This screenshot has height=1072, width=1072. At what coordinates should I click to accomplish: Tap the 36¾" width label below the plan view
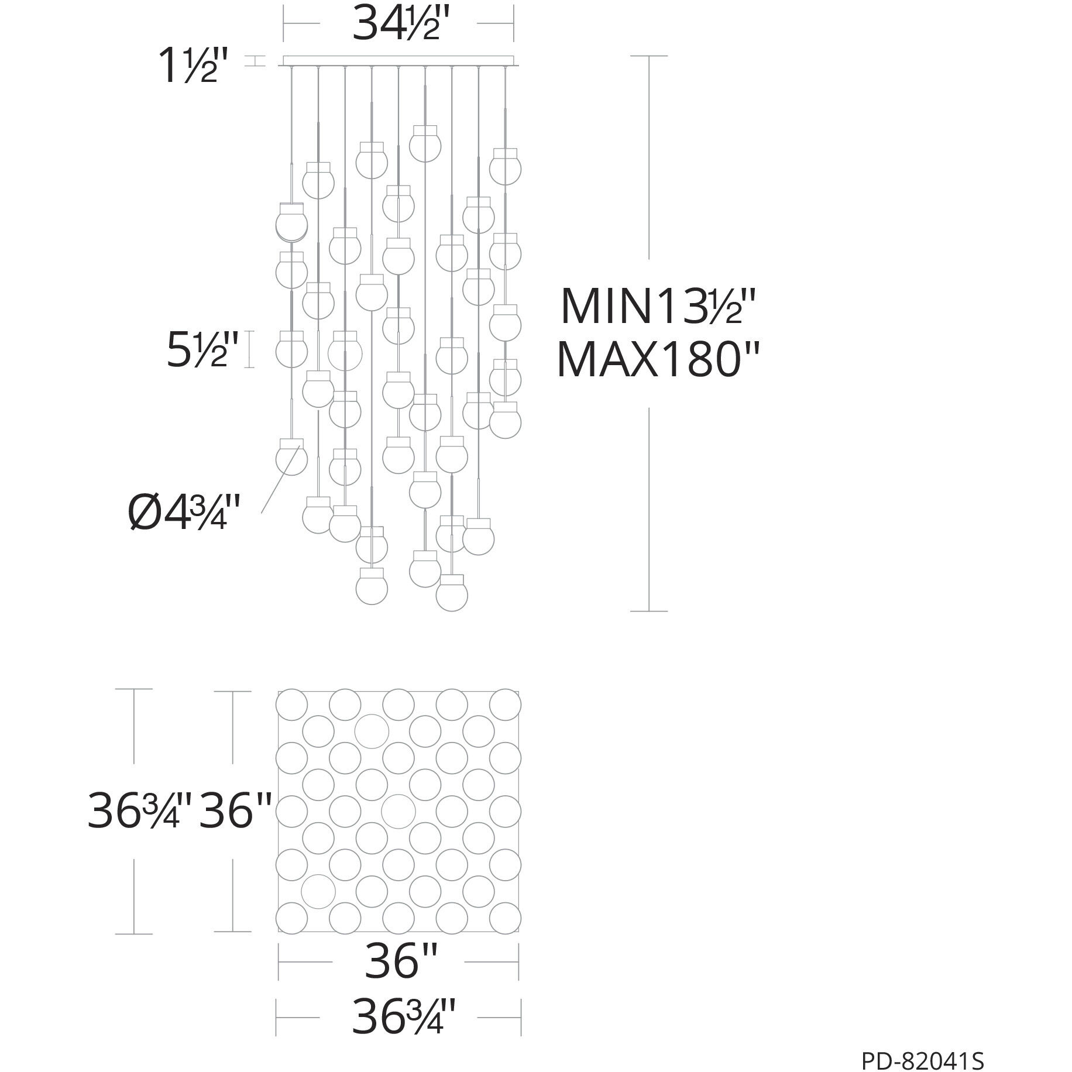pyautogui.click(x=403, y=1018)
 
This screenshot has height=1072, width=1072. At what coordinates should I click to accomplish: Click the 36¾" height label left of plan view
pyautogui.click(x=139, y=811)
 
